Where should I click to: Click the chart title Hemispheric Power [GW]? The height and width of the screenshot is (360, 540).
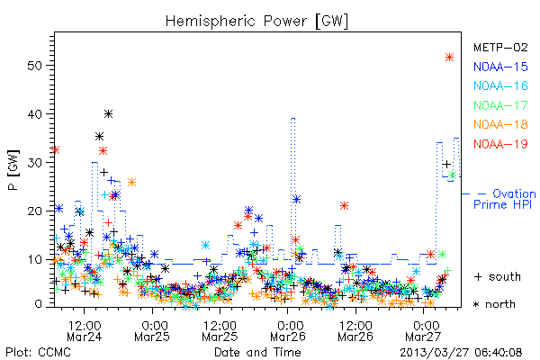click(256, 22)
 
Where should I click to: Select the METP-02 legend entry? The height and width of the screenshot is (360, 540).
click(500, 47)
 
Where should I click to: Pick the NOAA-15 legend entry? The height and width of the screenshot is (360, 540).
click(500, 67)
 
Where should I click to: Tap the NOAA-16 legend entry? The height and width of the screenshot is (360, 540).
click(500, 85)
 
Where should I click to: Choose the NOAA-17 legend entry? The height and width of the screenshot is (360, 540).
click(500, 105)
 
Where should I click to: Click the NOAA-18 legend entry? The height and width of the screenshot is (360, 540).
click(500, 124)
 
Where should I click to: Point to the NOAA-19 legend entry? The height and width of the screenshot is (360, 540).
click(500, 144)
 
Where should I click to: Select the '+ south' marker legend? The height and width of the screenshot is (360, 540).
click(498, 276)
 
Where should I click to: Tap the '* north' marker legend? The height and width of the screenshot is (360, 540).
click(494, 304)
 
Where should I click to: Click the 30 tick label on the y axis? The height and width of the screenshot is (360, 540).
click(35, 163)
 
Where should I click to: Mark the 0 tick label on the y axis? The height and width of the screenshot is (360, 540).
click(39, 304)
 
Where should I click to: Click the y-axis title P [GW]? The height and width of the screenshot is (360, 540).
click(13, 170)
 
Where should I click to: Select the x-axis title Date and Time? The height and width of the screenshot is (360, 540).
click(257, 353)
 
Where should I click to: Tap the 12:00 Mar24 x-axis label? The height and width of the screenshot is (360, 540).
click(84, 331)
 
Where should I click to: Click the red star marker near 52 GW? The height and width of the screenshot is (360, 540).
click(449, 58)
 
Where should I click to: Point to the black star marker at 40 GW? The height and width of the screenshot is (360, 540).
click(109, 113)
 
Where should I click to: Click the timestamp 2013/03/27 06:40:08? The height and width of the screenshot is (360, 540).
click(461, 353)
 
